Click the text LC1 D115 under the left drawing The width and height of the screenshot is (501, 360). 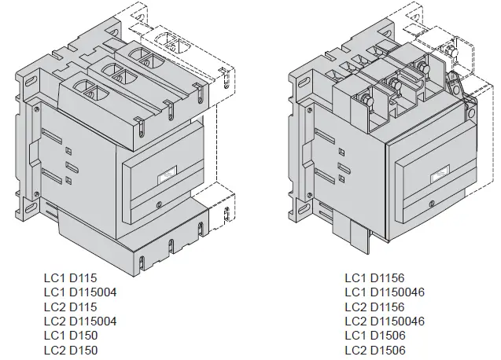pos(68,278)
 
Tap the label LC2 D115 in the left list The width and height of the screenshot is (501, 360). pos(68,307)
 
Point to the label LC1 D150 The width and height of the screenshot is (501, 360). pos(68,336)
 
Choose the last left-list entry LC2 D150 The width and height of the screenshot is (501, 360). pos(68,351)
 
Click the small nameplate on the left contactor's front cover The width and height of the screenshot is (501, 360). pos(168,178)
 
